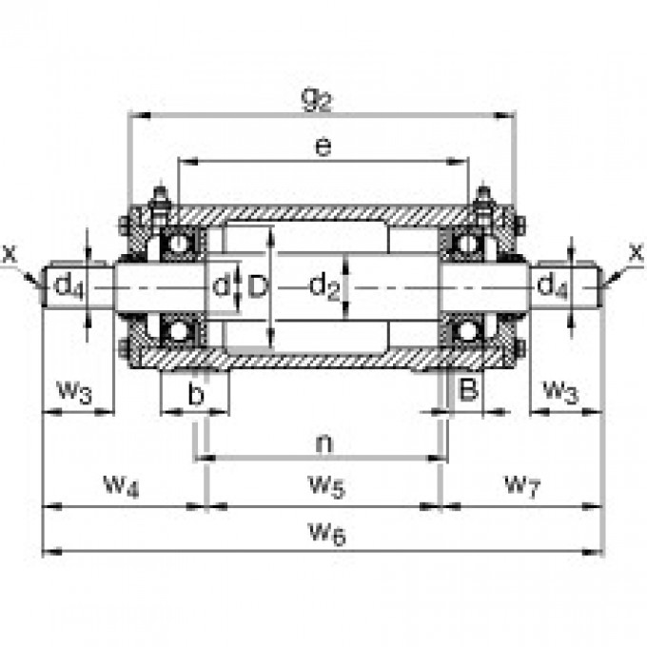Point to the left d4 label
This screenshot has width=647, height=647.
[67, 284]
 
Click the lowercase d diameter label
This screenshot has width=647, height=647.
[221, 285]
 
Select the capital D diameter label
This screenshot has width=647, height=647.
[257, 285]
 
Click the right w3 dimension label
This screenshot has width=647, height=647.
[560, 390]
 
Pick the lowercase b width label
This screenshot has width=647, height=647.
[195, 394]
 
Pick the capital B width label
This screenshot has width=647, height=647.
[467, 389]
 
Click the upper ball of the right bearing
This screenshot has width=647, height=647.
[466, 244]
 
